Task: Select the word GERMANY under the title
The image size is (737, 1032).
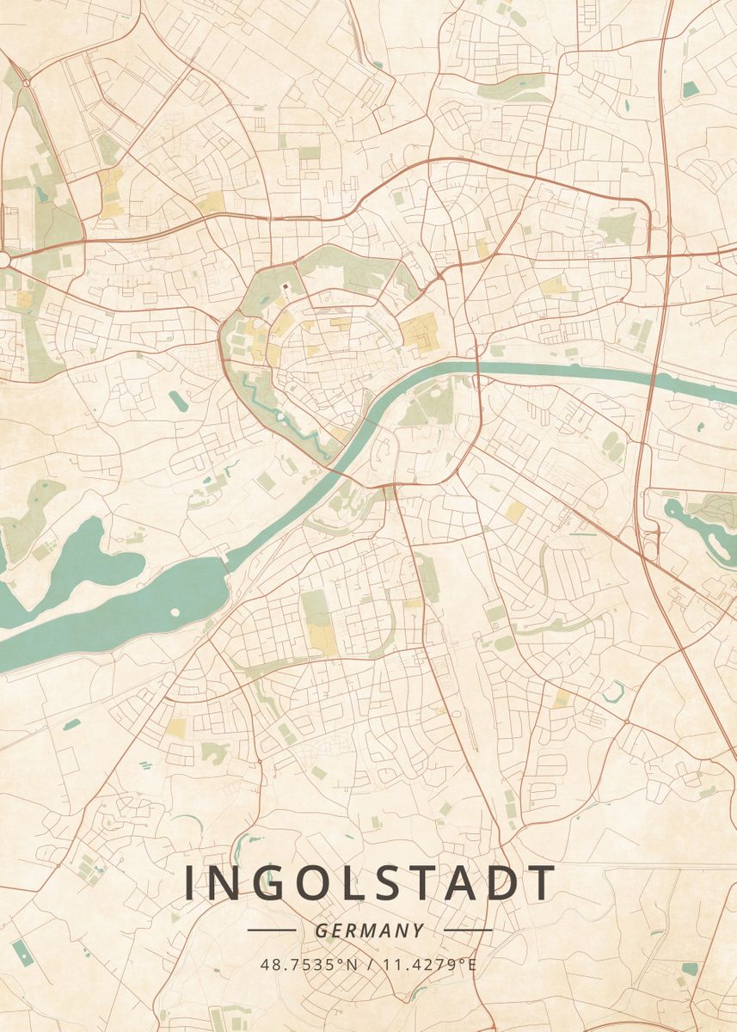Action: (x=370, y=931)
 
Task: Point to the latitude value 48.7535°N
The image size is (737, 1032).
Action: (x=309, y=964)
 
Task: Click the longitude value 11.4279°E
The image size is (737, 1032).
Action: (x=430, y=964)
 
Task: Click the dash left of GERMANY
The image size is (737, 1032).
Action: (x=271, y=931)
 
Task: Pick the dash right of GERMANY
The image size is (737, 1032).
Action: (x=469, y=931)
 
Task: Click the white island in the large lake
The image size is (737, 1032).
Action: (x=175, y=612)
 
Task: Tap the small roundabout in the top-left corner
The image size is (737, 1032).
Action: (x=26, y=83)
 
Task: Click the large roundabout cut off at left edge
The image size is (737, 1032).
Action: (x=3, y=259)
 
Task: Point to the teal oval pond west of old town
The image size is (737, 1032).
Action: (x=178, y=400)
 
